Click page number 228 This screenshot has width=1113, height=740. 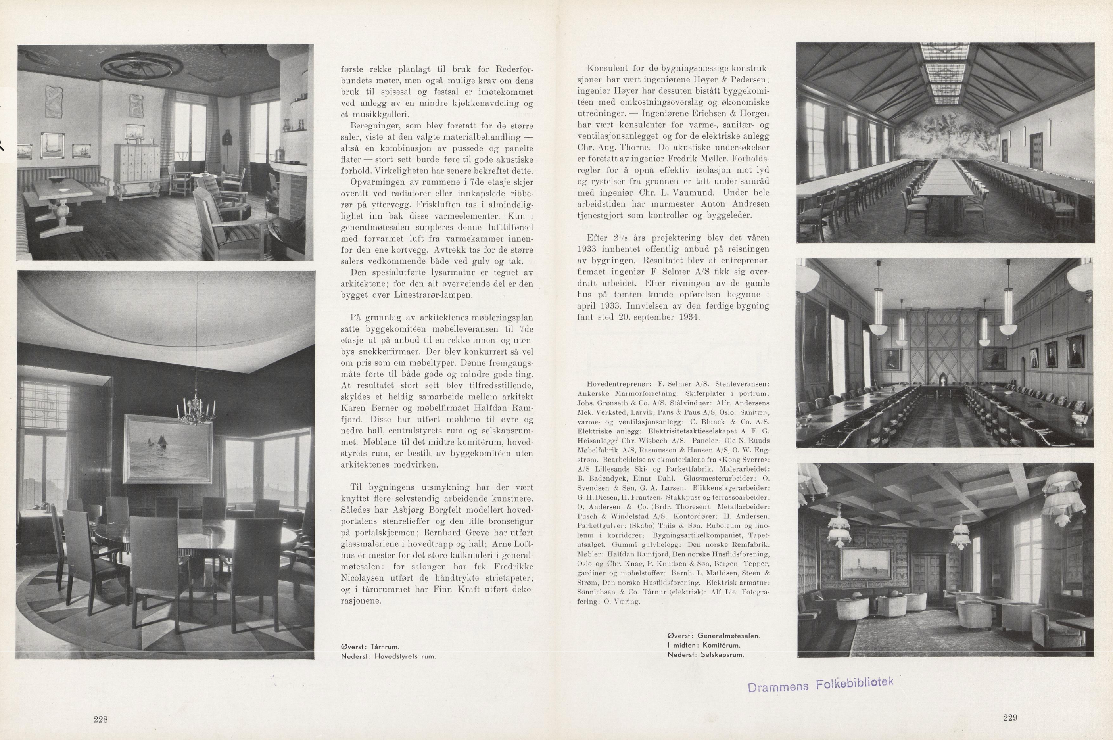click(101, 719)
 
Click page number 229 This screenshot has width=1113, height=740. click(1009, 717)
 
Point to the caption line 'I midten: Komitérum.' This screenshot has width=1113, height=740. click(703, 645)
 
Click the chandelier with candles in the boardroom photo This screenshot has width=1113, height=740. click(194, 409)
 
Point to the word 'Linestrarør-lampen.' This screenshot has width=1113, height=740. click(395, 295)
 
